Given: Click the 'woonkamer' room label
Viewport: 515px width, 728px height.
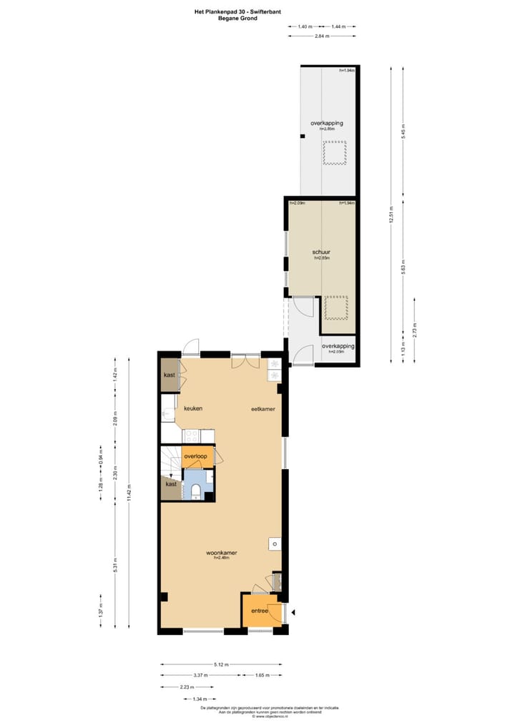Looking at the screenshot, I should pos(222,553).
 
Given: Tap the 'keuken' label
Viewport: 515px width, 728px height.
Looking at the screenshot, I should pos(193,408).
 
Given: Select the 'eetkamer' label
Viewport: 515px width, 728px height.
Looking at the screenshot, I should pos(263,409).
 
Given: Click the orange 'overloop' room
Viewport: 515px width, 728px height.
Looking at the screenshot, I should pos(195,456).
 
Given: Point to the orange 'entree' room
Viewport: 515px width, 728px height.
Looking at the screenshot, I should pos(258,611).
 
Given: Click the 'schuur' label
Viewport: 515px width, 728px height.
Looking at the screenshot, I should pos(320,252).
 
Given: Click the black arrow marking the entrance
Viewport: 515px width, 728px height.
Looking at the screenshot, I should pos(293,611).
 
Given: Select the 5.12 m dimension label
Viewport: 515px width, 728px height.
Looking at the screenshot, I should pos(220,665).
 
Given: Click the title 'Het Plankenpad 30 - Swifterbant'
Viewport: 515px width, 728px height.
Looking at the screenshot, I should pos(237,11).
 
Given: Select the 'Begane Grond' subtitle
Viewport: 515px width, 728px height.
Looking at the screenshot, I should pos(237,19).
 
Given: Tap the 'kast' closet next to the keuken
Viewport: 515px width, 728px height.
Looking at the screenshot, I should pos(170,375).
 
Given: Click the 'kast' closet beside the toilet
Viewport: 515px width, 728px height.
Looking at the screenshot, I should pos(171,484).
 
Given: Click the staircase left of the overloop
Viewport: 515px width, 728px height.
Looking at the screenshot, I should pos(170,458).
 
